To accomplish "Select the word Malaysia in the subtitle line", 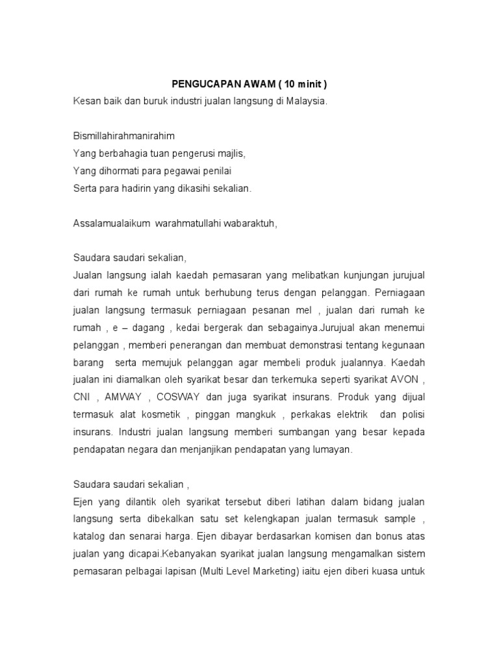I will [304, 102].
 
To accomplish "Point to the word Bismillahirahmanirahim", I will [123, 137].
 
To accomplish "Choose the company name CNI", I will [81, 397].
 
